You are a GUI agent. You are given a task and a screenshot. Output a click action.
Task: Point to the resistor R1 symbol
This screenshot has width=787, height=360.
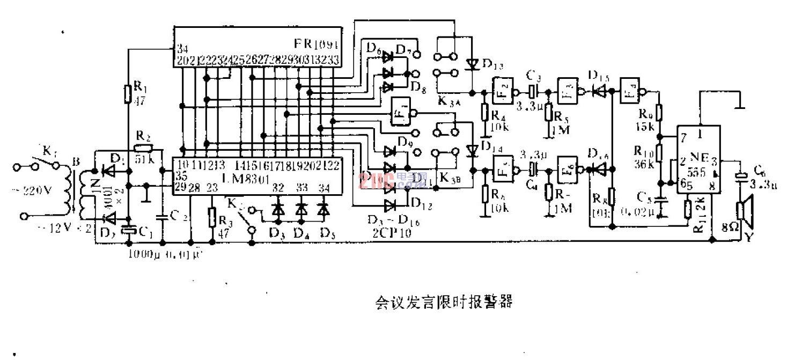click(128, 94)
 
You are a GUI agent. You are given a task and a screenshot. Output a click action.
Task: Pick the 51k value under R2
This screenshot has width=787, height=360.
click(142, 159)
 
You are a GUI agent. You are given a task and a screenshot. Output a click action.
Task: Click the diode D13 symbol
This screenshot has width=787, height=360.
click(472, 64)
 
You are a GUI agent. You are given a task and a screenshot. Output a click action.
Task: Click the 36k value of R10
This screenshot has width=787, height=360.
click(644, 164)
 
